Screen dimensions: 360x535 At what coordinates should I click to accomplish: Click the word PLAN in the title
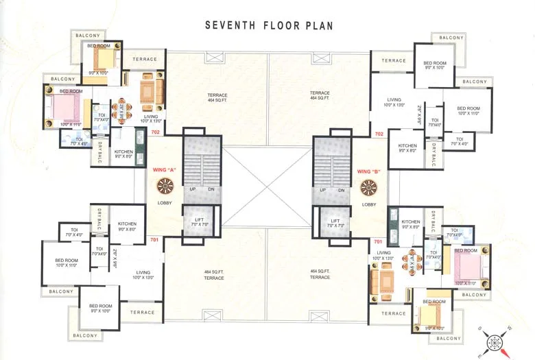pos(317,26)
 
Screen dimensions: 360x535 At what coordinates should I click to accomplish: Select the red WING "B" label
pos(369,171)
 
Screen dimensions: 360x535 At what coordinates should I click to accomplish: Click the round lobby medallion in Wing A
pos(165,187)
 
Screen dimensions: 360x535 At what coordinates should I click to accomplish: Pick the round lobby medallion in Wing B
pos(369,187)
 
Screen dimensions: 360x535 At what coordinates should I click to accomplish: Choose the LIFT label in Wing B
pos(335,219)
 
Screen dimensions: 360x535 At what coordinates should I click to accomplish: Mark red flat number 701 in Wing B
pos(378,242)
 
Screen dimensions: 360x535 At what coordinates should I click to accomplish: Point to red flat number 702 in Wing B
pos(379,134)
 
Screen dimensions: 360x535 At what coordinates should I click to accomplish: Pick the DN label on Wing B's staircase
pos(340,190)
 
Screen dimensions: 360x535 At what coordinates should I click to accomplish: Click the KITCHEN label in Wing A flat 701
pos(127,224)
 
